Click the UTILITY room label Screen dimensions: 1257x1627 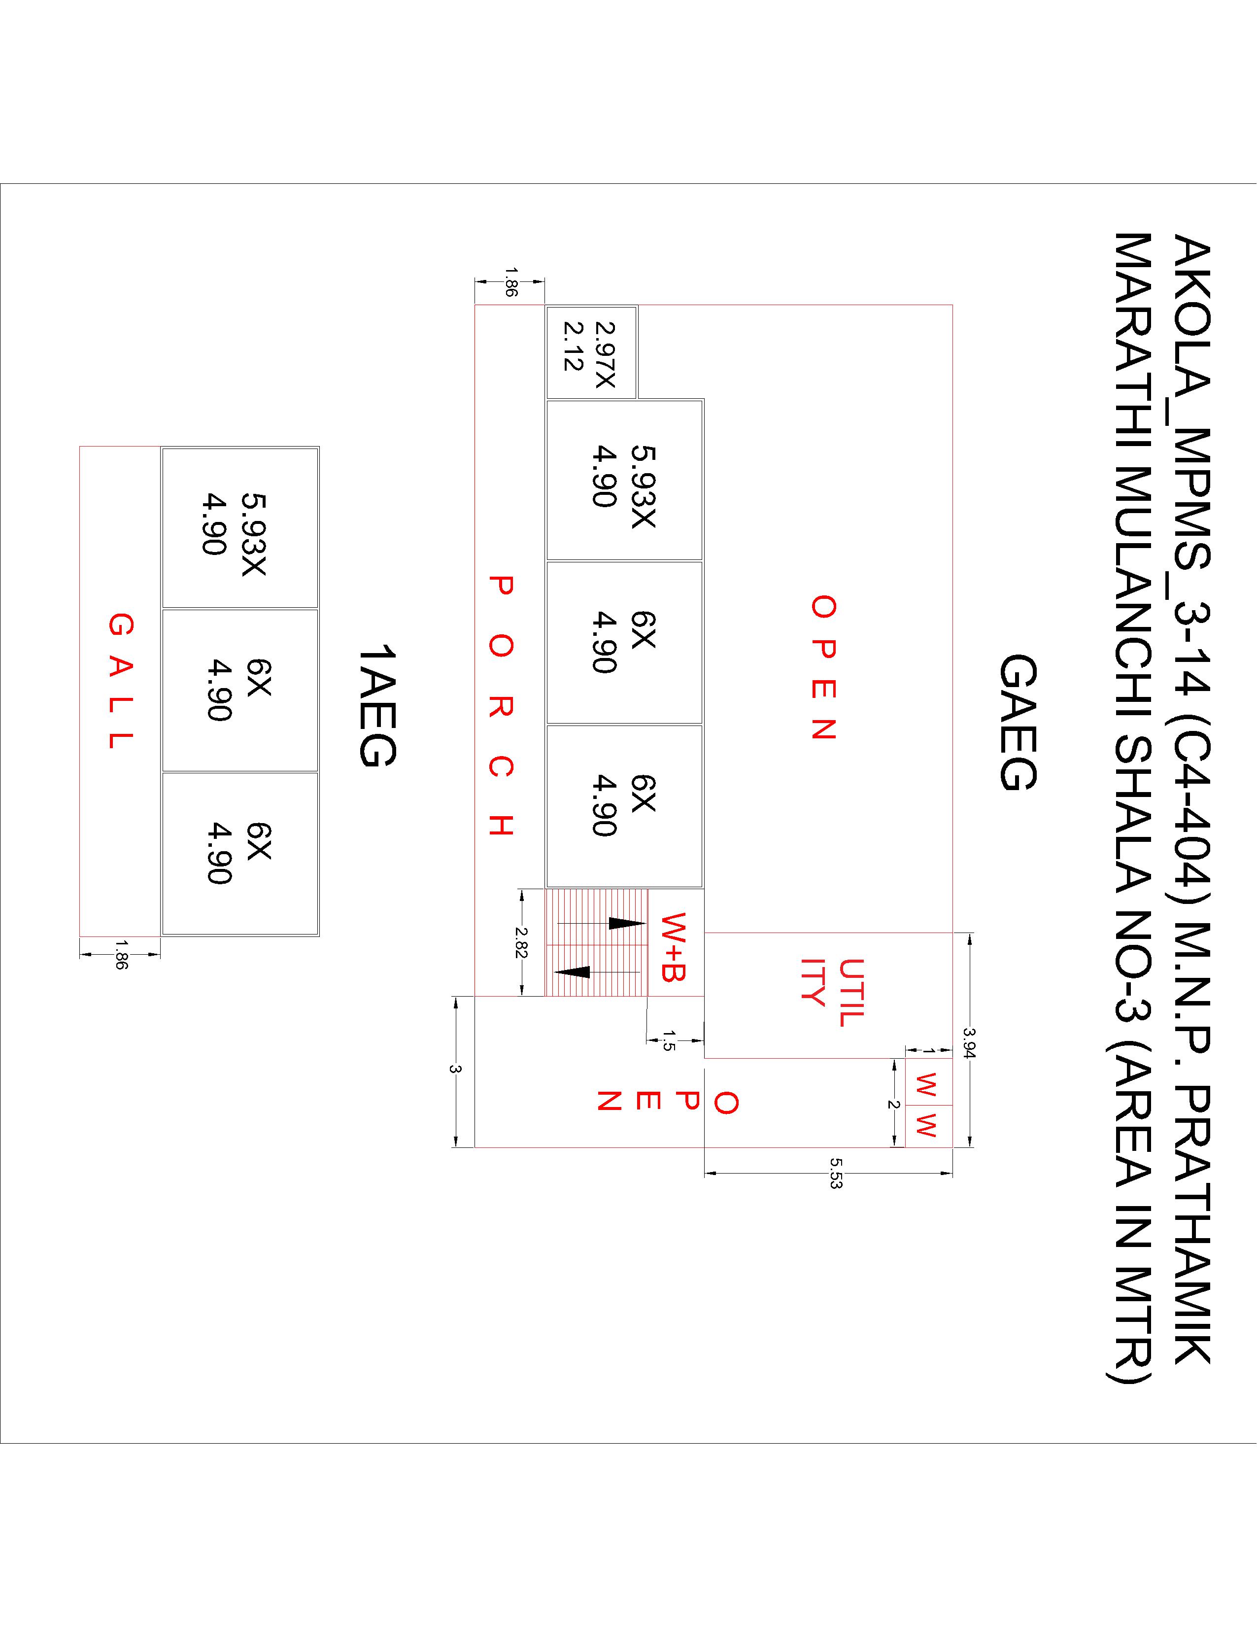tap(833, 992)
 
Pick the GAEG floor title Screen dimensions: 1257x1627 tap(1017, 722)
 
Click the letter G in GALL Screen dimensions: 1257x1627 tap(121, 624)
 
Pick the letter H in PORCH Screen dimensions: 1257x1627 tap(501, 826)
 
